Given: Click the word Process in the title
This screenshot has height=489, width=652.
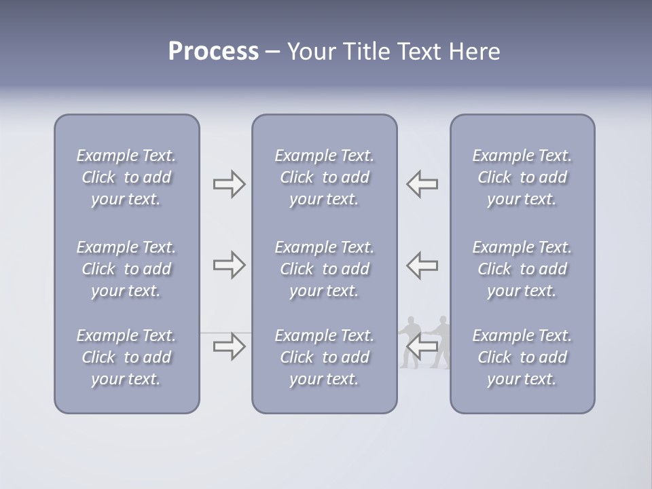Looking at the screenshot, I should (213, 52).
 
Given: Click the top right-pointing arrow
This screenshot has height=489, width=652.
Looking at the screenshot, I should (230, 184).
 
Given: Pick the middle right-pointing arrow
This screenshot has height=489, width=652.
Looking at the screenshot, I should (230, 265).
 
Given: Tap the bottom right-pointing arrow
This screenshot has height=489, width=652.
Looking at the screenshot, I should (230, 346).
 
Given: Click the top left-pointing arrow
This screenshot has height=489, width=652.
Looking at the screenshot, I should (422, 184).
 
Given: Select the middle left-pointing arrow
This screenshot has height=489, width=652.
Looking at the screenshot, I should (422, 265).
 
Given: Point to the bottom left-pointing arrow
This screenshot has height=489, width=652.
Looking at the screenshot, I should (422, 346).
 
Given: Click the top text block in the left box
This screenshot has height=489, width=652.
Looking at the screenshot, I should (126, 177).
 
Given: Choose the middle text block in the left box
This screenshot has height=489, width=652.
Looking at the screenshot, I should (126, 269).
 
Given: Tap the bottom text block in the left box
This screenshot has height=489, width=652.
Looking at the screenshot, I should (126, 357).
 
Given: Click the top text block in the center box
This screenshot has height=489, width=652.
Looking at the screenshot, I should (324, 177).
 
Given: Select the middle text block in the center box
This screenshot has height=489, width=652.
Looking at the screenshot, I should (324, 269).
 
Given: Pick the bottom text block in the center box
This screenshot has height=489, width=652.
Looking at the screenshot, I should (324, 357).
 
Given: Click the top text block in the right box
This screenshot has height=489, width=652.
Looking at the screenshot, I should (522, 177).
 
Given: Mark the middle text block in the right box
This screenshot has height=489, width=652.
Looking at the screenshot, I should (522, 269).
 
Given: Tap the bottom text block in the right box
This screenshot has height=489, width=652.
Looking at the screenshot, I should (522, 357).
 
